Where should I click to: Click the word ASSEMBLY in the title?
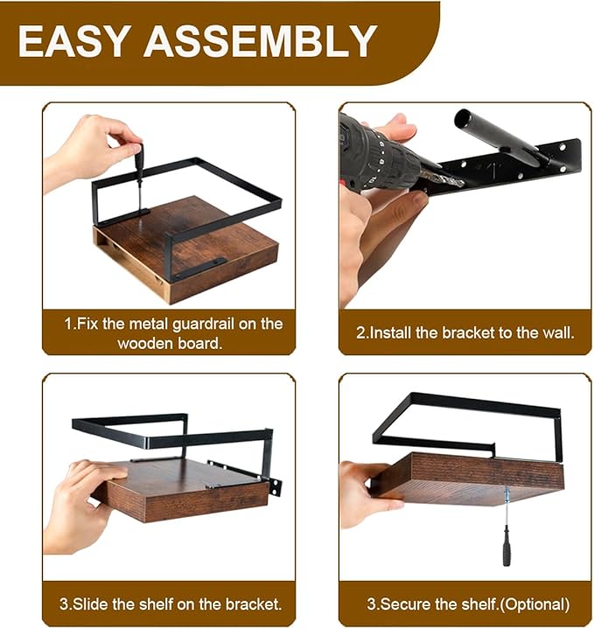261,41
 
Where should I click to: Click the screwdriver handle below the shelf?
507,552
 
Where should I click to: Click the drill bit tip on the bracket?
460,184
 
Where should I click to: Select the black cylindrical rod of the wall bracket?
498,136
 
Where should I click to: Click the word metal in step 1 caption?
149,325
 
